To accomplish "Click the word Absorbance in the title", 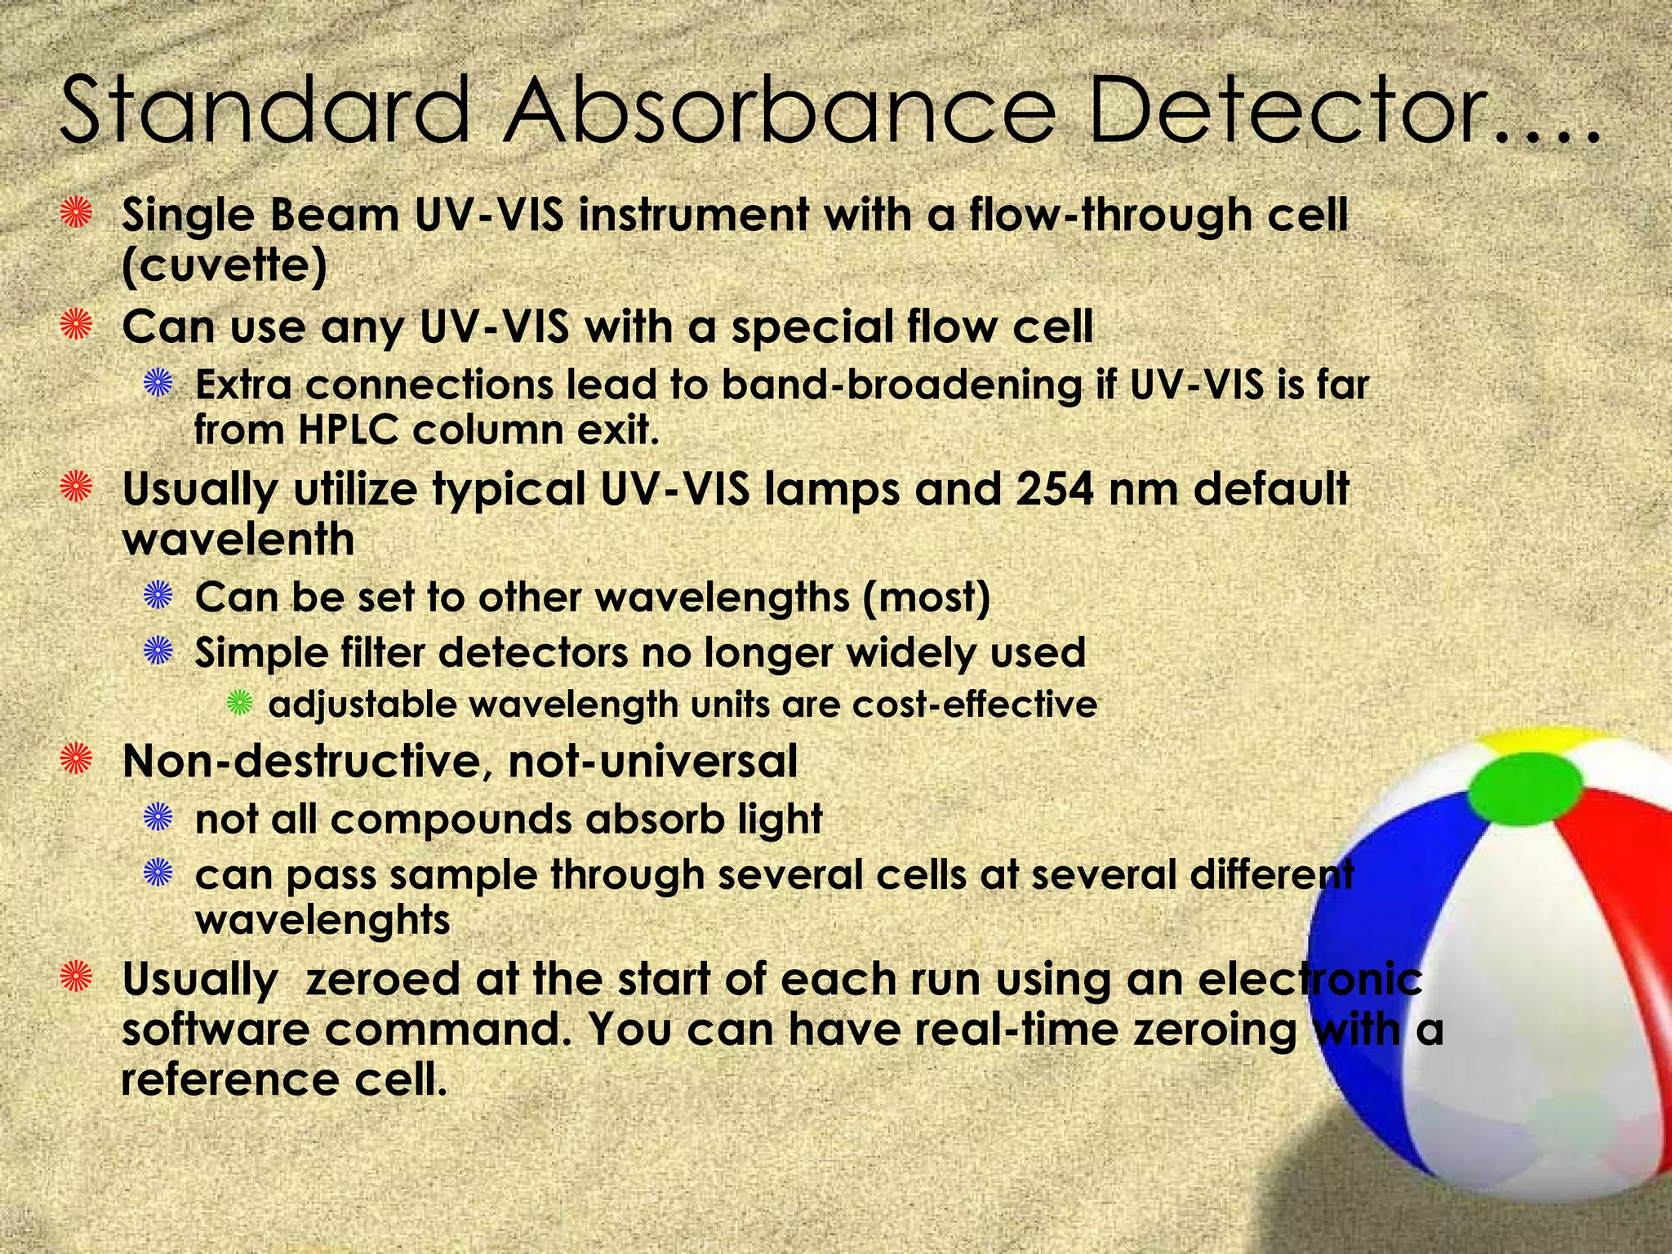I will coord(780,110).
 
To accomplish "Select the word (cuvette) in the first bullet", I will coord(225,265).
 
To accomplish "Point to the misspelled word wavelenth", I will coord(238,540).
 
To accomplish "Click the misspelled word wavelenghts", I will coord(322,921).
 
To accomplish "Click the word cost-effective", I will coord(975,705).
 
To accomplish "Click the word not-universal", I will coord(652,762).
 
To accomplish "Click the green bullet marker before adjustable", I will coord(240,703).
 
